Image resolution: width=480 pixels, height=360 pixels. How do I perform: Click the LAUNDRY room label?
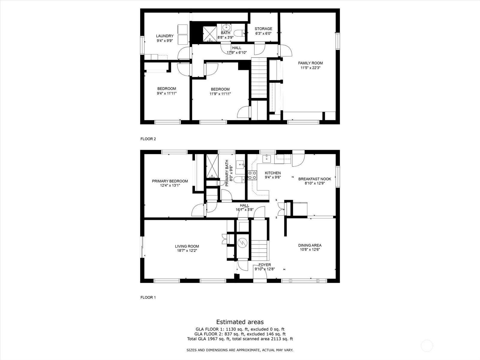165,36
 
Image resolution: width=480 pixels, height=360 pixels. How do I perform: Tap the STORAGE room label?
263,29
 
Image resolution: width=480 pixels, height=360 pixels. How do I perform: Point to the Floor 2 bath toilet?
240,33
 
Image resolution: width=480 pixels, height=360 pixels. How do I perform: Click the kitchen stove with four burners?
252,175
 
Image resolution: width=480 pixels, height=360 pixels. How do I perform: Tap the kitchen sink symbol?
267,158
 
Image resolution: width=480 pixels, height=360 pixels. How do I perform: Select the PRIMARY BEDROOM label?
170,181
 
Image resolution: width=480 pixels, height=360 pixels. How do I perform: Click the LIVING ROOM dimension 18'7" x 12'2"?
187,250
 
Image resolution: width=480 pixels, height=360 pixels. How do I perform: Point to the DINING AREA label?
310,245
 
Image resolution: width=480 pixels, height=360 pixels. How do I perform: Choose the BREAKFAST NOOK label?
315,179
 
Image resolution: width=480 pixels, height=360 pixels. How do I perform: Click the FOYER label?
265,265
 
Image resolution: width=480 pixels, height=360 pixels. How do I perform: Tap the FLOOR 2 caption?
148,139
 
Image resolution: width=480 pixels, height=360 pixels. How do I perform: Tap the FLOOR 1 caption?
148,298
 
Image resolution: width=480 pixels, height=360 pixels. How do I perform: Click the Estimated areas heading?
240,322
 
